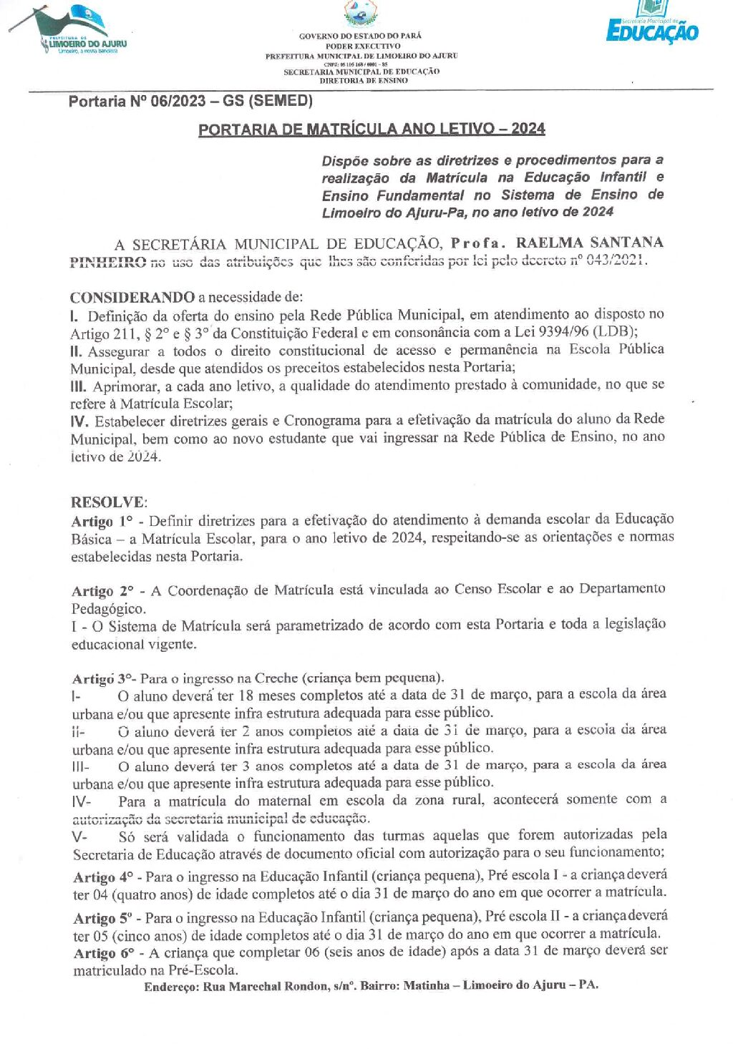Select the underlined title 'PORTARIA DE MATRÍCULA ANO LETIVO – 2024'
pyautogui.click(x=372, y=130)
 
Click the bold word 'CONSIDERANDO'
pyautogui.click(x=132, y=297)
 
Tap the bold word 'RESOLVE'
pyautogui.click(x=107, y=502)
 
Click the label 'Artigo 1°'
pyautogui.click(x=102, y=521)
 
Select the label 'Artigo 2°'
pyautogui.click(x=103, y=591)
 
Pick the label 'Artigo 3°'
pyautogui.click(x=103, y=678)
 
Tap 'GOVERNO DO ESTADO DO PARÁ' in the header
pyautogui.click(x=361, y=36)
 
